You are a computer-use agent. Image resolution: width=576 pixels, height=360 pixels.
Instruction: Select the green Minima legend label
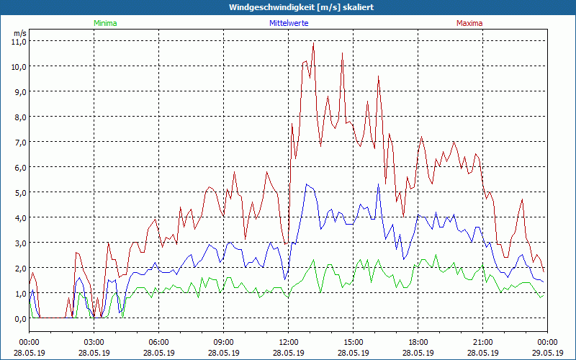[x=105, y=23]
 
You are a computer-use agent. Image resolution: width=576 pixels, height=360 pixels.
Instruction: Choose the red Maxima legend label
[x=469, y=23]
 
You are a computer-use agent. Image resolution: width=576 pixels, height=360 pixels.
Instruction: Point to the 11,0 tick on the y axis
[x=19, y=41]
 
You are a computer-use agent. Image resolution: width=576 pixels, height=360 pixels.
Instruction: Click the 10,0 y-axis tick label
[x=19, y=66]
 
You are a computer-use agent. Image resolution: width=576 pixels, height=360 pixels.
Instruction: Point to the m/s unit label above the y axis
[x=19, y=33]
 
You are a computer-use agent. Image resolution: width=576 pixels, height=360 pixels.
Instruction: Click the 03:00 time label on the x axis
[x=94, y=342]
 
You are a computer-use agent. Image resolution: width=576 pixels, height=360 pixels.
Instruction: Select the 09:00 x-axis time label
[x=223, y=342]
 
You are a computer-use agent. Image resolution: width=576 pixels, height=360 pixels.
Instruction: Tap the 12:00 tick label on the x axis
[x=288, y=342]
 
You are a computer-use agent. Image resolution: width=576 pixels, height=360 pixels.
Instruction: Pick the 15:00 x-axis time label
[x=353, y=342]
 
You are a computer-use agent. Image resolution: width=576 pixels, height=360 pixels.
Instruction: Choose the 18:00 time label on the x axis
[x=418, y=342]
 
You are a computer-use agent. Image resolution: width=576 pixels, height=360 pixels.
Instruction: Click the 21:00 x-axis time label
[x=482, y=342]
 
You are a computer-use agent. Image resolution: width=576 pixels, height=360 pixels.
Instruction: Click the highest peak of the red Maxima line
[x=314, y=43]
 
